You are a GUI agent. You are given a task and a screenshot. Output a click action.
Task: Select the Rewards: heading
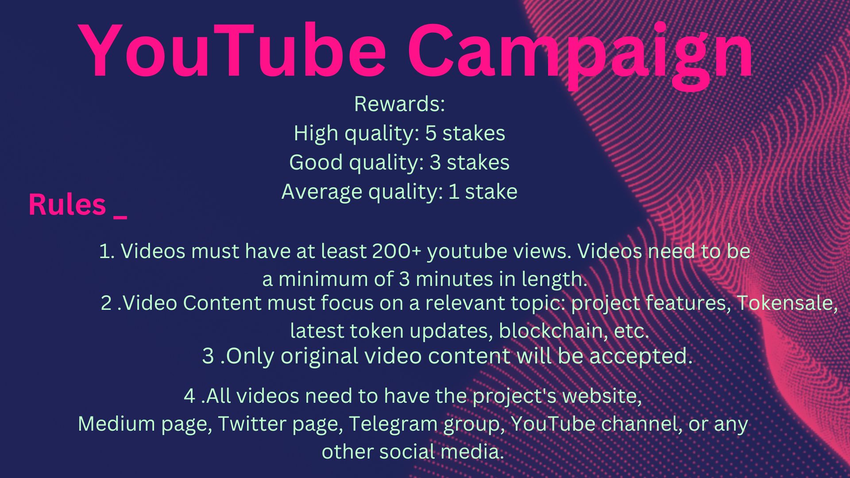tap(399, 104)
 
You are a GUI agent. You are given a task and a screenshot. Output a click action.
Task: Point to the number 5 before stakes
tap(431, 134)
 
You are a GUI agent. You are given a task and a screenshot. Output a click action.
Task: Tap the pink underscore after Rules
tap(120, 217)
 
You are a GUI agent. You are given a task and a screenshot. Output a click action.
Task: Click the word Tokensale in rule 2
tap(787, 303)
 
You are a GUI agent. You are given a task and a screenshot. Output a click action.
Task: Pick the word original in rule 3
tap(319, 357)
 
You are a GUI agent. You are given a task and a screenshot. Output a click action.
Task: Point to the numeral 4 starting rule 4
tap(189, 396)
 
